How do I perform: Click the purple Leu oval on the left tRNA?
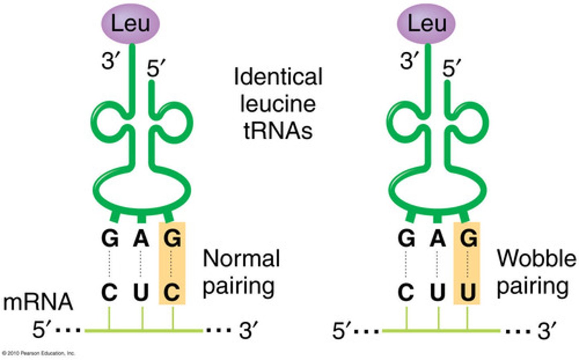[130, 23]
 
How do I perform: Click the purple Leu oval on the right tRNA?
[426, 23]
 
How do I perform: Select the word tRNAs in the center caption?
[278, 130]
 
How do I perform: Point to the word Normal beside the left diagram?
[241, 258]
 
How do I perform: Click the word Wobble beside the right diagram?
[536, 258]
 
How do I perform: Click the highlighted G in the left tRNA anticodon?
[172, 239]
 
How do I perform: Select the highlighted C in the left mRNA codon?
[172, 292]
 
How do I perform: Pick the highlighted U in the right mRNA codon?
[468, 292]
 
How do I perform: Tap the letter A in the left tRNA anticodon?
[141, 239]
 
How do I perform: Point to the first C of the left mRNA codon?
[109, 292]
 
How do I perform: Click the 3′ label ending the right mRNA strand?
[547, 331]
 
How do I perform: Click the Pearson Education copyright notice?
[38, 354]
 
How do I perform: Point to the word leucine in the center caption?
[278, 104]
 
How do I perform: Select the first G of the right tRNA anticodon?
[406, 239]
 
